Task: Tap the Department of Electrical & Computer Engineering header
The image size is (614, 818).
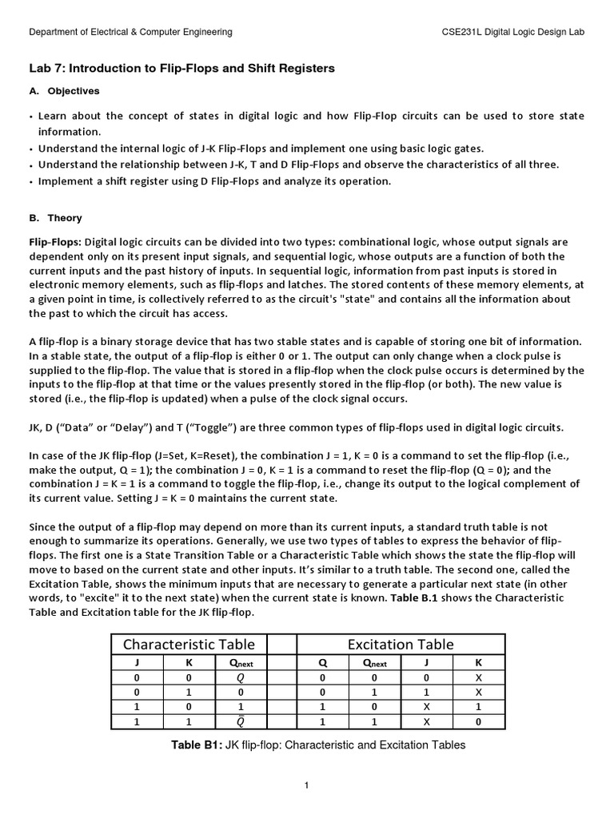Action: [130, 32]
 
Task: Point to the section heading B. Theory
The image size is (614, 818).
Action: [55, 218]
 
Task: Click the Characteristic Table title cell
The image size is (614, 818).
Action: [189, 644]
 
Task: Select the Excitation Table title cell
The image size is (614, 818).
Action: [401, 644]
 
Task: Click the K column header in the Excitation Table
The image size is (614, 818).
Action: [479, 662]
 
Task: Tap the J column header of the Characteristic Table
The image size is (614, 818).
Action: [136, 662]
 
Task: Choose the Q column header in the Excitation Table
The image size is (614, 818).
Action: [322, 662]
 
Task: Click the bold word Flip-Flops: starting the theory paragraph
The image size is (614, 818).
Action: [54, 242]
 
